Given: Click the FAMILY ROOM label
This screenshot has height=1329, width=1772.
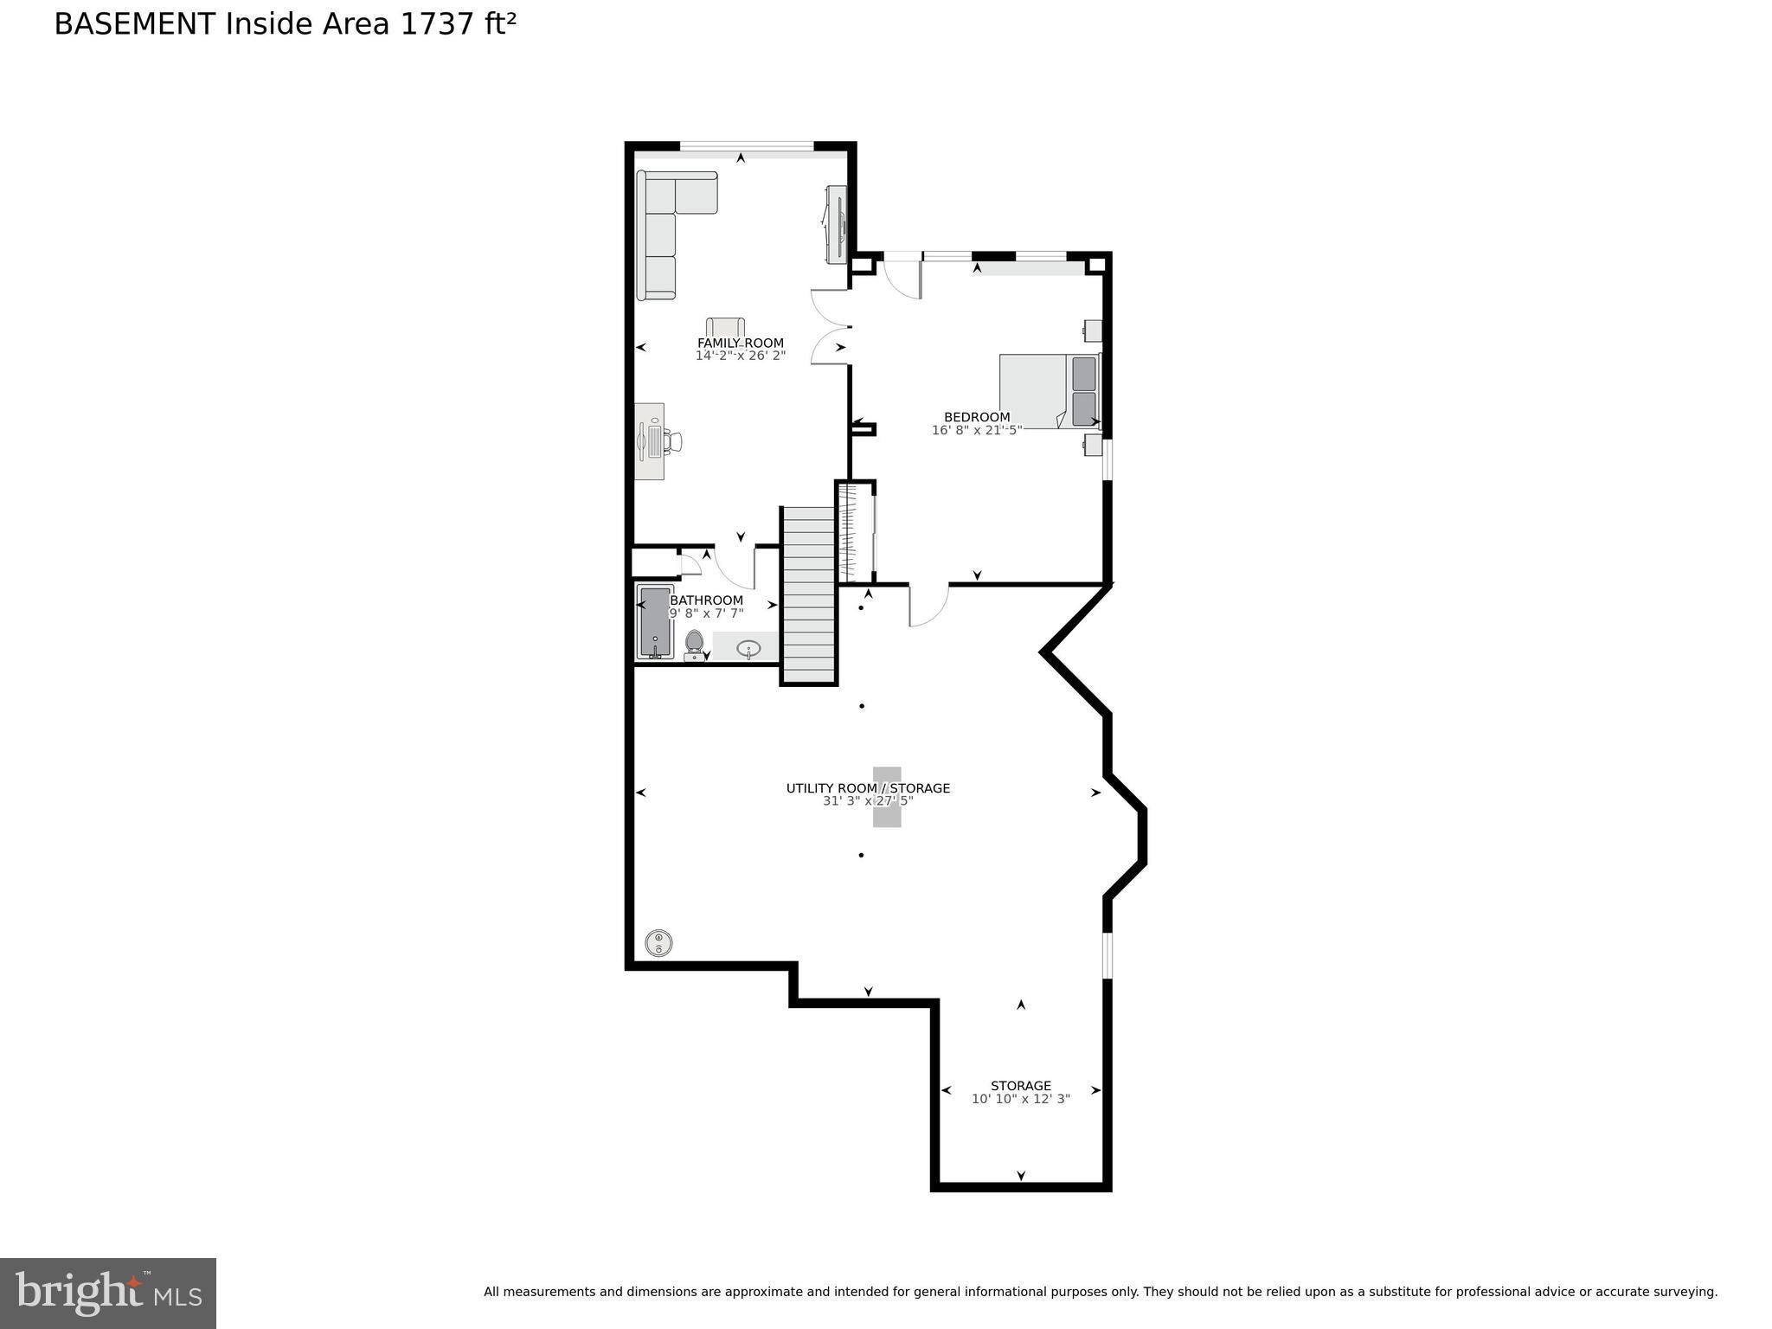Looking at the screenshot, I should pyautogui.click(x=740, y=343).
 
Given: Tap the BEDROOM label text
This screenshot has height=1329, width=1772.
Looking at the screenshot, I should pyautogui.click(x=976, y=417).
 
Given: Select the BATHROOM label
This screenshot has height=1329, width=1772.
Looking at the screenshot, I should pyautogui.click(x=706, y=600).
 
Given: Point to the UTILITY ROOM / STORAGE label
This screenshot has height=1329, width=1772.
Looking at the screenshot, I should pyautogui.click(x=867, y=788).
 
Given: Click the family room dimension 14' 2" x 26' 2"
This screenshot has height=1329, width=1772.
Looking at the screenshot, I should pyautogui.click(x=740, y=356).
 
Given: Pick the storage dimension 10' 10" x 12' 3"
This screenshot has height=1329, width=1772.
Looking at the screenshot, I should pyautogui.click(x=1020, y=1099).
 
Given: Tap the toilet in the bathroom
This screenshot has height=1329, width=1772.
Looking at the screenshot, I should pyautogui.click(x=693, y=645).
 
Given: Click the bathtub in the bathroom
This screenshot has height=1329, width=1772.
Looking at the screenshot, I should pyautogui.click(x=655, y=622).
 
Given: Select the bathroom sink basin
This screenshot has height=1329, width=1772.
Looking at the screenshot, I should pyautogui.click(x=748, y=647).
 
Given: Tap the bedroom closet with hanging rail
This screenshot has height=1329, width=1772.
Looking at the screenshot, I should pyautogui.click(x=856, y=532).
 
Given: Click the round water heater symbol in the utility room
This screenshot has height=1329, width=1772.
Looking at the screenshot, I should pyautogui.click(x=658, y=942).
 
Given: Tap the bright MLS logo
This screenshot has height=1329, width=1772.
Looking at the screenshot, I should pyautogui.click(x=108, y=1293).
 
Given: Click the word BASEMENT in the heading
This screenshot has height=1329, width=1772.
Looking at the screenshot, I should pyautogui.click(x=134, y=24).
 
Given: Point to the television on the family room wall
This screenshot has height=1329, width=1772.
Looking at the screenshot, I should pyautogui.click(x=836, y=223).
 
